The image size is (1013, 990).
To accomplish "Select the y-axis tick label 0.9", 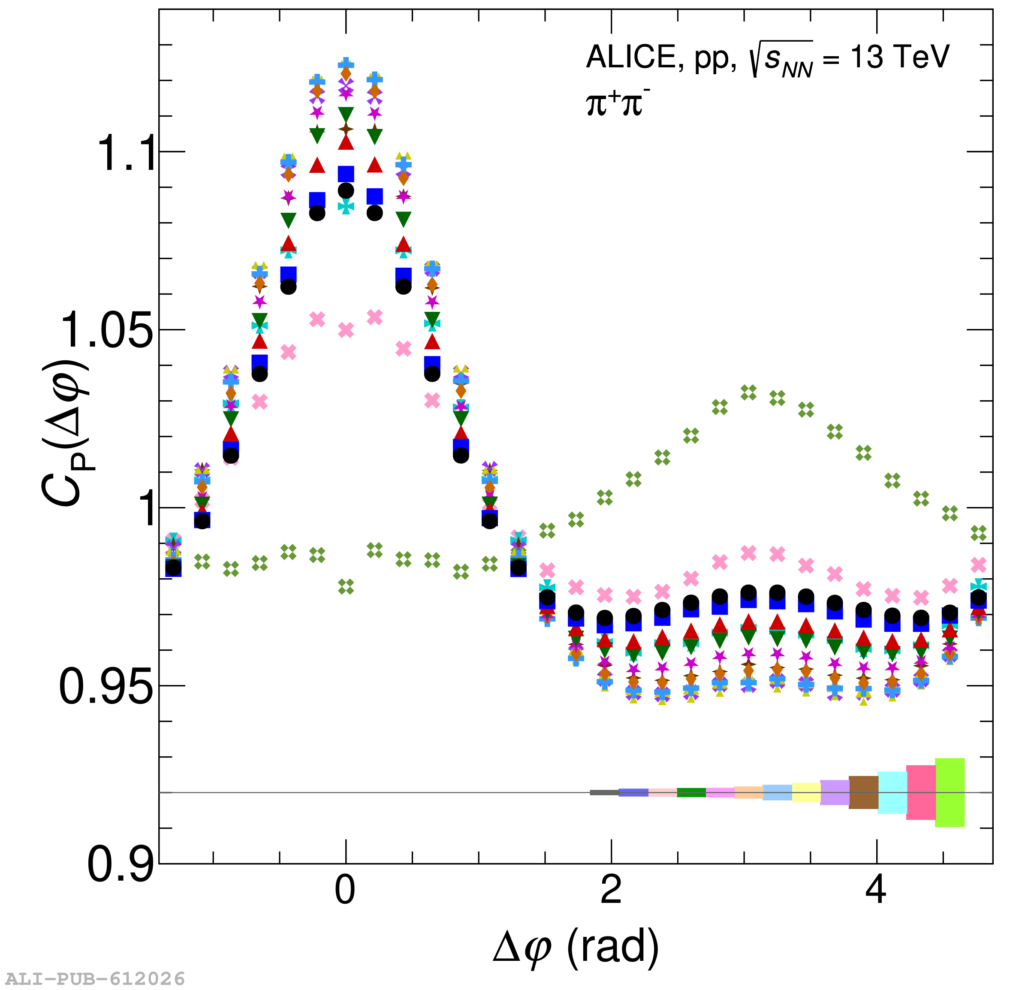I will [x=121, y=865].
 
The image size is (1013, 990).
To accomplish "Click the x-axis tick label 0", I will [x=345, y=890].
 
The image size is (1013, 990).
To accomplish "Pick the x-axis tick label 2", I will [x=611, y=890].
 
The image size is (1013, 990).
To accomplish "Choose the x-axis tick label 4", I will [x=876, y=890].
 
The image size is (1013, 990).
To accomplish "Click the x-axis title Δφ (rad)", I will [x=576, y=948].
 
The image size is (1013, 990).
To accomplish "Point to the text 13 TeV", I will [x=900, y=57].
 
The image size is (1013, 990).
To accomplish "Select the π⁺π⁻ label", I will [x=618, y=103].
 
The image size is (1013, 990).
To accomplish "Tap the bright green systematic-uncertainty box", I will [x=950, y=792].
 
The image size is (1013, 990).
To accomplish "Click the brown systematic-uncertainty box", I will [x=863, y=792].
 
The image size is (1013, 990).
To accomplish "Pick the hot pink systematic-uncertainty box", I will [x=921, y=792].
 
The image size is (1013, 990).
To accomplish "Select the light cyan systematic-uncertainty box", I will [x=892, y=792].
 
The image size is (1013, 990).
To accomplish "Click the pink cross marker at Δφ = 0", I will [x=346, y=330].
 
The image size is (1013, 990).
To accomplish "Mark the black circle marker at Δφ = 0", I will [x=346, y=190].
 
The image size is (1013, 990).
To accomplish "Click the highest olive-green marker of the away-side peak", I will [x=748, y=392].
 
